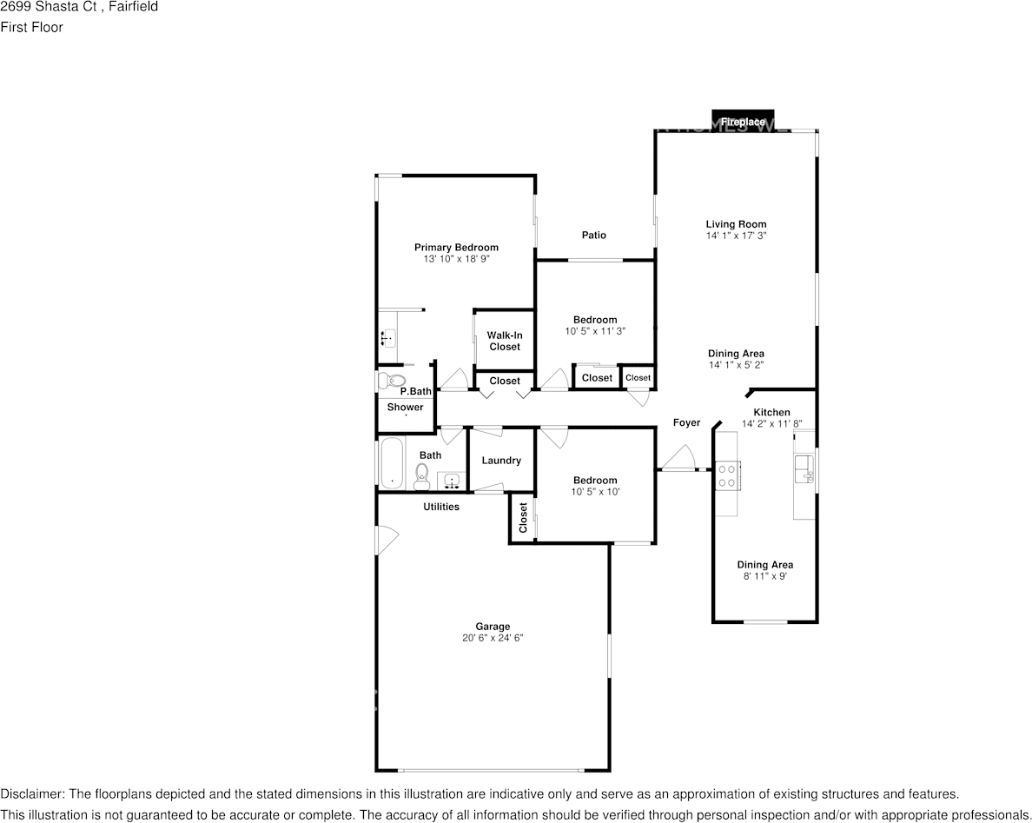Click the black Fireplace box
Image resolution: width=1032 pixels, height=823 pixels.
(x=743, y=120)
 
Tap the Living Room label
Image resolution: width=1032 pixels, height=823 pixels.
(x=736, y=224)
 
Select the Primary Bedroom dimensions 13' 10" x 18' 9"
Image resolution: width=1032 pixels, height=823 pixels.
(x=456, y=259)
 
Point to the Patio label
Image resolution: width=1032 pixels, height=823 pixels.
(x=593, y=235)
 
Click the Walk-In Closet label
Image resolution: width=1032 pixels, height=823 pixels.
(x=505, y=341)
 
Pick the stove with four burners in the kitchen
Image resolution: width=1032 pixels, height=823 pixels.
(x=727, y=476)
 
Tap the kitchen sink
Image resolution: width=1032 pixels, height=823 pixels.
(x=804, y=468)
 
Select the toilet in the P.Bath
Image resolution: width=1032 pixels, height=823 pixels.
(x=392, y=381)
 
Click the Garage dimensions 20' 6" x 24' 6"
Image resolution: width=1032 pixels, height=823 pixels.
(x=493, y=638)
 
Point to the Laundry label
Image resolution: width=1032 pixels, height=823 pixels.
(x=501, y=461)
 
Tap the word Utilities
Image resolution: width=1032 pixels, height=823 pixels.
(x=441, y=507)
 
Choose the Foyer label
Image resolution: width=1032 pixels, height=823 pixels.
(x=686, y=422)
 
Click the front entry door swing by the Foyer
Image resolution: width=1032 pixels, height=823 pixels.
(x=678, y=458)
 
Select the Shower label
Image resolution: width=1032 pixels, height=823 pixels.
(x=406, y=407)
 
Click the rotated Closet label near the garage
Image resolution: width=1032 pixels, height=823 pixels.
(x=523, y=518)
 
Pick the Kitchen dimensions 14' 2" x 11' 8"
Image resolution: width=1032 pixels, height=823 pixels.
(x=772, y=424)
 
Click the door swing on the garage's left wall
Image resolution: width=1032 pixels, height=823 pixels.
(x=387, y=541)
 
